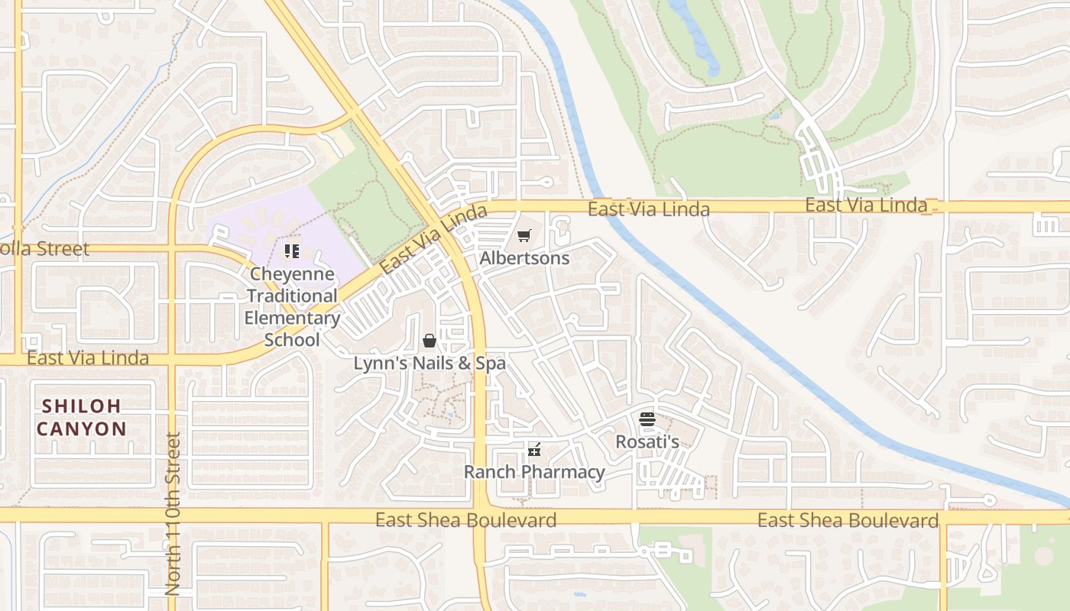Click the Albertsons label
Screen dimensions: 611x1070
[524, 258]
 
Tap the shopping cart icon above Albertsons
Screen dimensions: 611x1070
[524, 236]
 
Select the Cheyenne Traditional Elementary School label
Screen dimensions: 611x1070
[292, 306]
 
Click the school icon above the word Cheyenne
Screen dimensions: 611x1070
[291, 251]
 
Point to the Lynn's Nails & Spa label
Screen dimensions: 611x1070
[430, 364]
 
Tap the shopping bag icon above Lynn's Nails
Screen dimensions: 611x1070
[430, 341]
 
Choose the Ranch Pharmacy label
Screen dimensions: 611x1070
[534, 472]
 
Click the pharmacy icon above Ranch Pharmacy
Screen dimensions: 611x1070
[534, 450]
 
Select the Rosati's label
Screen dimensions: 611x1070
[647, 441]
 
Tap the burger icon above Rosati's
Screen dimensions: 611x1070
[647, 419]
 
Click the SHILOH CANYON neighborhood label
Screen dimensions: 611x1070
[81, 417]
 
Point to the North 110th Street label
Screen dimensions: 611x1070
[173, 514]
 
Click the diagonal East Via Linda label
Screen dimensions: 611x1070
[433, 240]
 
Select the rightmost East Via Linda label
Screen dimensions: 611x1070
[866, 205]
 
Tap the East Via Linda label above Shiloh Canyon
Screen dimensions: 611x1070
[87, 357]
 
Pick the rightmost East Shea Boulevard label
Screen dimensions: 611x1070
[848, 521]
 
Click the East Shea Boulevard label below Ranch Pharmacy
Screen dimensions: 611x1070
[465, 520]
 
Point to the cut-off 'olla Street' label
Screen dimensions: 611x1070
[44, 249]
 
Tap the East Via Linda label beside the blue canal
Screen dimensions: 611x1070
[649, 209]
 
